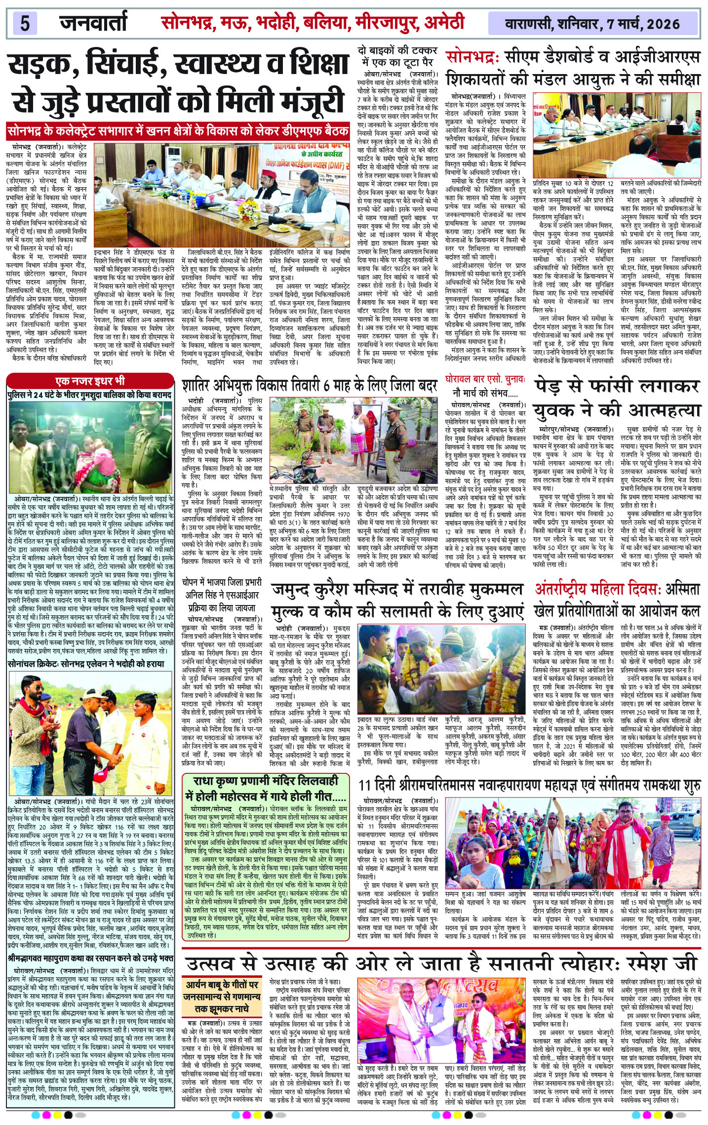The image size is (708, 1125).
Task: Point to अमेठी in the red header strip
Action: tap(439, 23)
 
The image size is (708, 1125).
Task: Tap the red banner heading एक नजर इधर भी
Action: tap(90, 381)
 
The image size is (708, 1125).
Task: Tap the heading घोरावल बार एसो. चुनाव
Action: tap(485, 381)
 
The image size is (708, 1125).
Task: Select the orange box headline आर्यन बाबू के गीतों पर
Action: tap(222, 985)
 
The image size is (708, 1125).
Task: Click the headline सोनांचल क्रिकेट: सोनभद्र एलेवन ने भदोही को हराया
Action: tap(86, 664)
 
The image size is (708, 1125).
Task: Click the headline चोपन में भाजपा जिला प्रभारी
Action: tap(222, 583)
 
